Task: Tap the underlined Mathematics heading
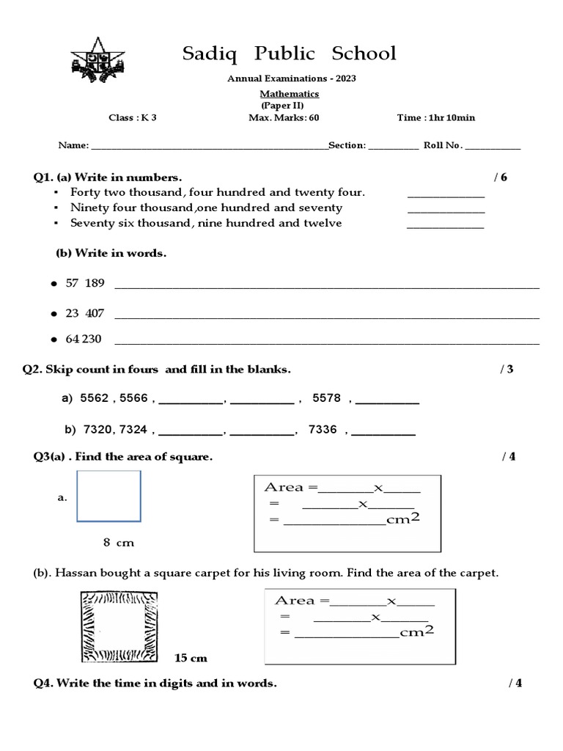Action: (x=290, y=94)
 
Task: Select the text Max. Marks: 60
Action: (x=284, y=117)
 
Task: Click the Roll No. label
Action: (x=443, y=145)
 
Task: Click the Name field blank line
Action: (x=209, y=146)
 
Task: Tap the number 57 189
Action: (x=85, y=283)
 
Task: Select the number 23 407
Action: (x=85, y=313)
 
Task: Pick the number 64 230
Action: (x=84, y=339)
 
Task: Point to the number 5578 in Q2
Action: (x=326, y=398)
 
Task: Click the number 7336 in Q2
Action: (x=323, y=430)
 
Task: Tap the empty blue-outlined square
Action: (x=108, y=497)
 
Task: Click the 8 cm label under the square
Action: (x=119, y=543)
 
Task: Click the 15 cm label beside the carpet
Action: (x=191, y=658)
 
